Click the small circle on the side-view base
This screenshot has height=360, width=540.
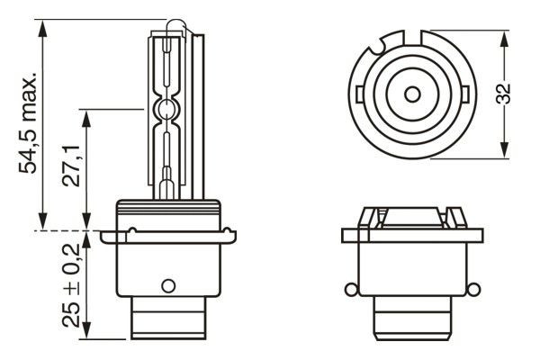[166, 287]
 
